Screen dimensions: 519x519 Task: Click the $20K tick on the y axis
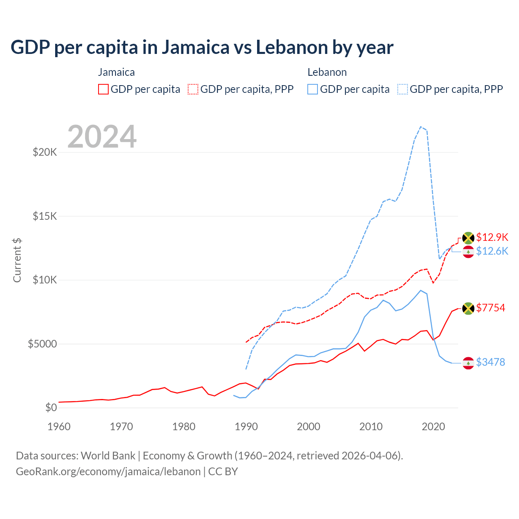(x=45, y=152)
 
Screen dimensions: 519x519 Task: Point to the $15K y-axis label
(x=45, y=216)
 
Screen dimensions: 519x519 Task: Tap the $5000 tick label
(x=42, y=344)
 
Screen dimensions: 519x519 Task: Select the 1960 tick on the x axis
(x=59, y=427)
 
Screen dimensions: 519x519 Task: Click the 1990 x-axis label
(x=246, y=427)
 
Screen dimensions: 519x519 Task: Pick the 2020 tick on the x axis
(x=433, y=427)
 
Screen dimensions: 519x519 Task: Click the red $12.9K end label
(x=492, y=237)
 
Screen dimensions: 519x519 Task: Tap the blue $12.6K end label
(x=492, y=251)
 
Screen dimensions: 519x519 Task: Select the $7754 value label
(x=491, y=308)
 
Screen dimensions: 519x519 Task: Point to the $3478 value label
(x=491, y=362)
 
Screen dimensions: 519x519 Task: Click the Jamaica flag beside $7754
(x=468, y=308)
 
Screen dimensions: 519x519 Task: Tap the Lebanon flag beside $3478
(x=468, y=363)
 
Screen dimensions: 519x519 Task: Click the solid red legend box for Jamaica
(x=103, y=89)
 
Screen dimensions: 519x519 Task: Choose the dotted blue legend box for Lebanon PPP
(x=403, y=89)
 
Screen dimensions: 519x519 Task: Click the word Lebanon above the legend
(x=327, y=72)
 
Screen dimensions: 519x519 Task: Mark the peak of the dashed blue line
(x=421, y=127)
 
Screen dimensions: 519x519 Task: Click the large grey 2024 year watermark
(x=102, y=137)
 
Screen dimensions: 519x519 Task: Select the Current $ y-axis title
(x=17, y=260)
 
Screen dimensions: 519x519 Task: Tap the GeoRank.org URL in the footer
(x=108, y=472)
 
